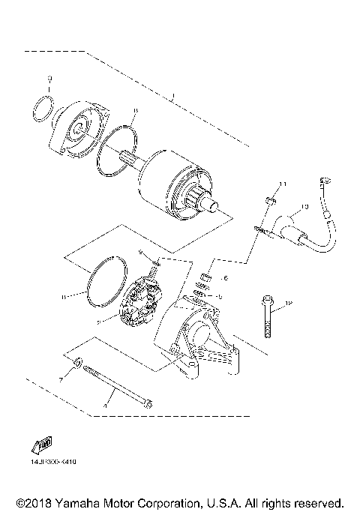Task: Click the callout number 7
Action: coord(61,381)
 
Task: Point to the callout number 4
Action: coord(106,406)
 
